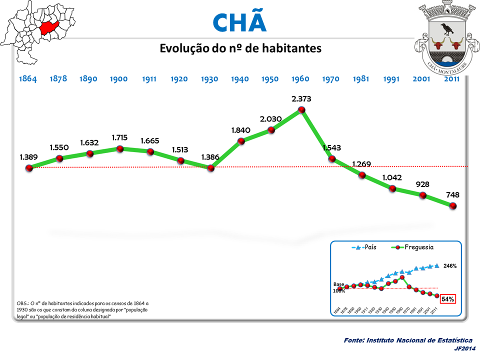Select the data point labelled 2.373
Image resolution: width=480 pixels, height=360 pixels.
click(301, 109)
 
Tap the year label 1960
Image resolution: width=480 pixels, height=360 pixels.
click(301, 79)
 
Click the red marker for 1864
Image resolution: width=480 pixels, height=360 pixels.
click(29, 168)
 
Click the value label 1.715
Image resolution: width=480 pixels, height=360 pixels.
click(120, 136)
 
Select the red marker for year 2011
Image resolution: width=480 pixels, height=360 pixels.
click(453, 205)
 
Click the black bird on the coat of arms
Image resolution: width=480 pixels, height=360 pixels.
click(444, 27)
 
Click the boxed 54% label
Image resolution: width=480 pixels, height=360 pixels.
click(447, 299)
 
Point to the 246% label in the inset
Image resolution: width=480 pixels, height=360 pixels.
click(449, 266)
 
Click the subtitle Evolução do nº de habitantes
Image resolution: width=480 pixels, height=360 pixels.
click(240, 48)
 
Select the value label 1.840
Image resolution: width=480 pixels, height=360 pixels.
click(241, 130)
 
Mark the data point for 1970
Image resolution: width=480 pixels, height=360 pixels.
click(332, 159)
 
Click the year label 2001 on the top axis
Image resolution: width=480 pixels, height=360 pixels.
click(422, 79)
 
